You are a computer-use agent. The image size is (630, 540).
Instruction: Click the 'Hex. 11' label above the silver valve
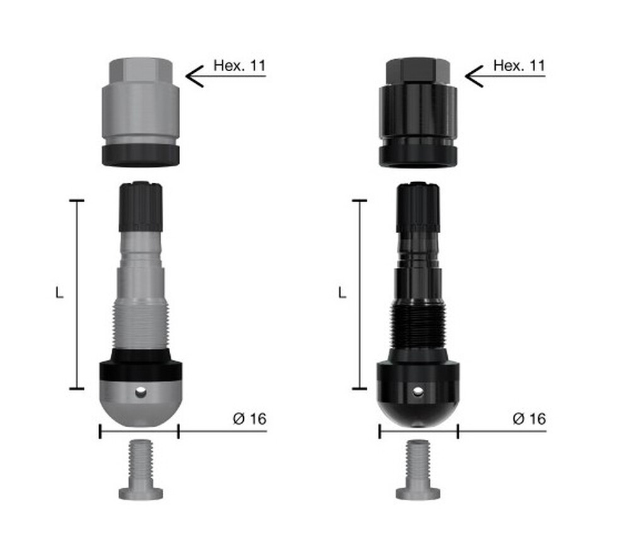[239, 66]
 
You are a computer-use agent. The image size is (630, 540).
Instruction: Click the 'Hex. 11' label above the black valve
[519, 66]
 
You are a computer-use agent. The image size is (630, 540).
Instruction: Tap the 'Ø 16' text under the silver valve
[249, 418]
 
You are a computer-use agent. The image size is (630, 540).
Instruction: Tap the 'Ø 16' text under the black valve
[529, 418]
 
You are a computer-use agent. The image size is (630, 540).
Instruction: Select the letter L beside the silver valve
[59, 292]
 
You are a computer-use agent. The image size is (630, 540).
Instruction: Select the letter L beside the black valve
[342, 292]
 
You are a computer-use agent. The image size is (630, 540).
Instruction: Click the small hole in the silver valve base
[140, 391]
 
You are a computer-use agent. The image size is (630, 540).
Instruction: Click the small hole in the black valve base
[418, 391]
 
